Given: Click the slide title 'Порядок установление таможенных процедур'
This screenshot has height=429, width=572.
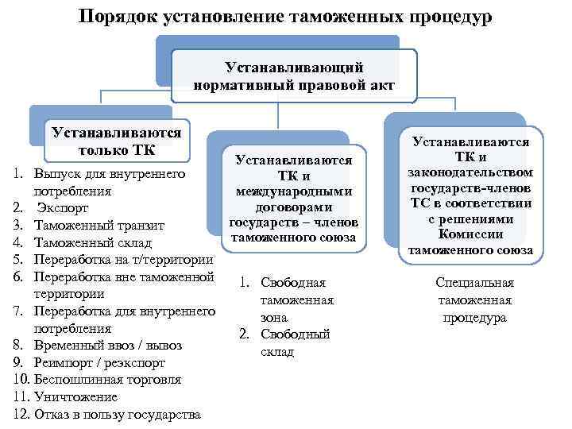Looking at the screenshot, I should tap(286, 16).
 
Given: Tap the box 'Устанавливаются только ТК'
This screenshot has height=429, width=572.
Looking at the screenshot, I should tap(116, 141).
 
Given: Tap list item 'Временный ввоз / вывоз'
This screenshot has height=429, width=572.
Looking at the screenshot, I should tap(108, 346).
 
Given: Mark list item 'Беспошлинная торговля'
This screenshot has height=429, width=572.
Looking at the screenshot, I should tap(108, 380).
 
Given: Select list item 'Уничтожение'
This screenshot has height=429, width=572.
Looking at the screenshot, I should tap(76, 396).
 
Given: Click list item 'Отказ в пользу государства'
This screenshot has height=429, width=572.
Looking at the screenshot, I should tap(118, 414).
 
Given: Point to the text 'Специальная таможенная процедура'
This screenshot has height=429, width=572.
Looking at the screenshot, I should tap(474, 300).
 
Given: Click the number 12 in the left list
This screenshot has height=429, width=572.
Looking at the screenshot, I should tap(21, 414).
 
